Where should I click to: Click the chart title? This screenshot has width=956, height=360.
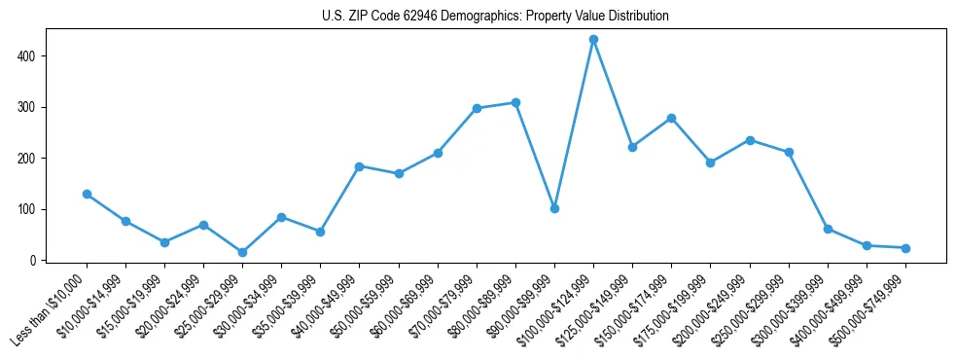pos(495,17)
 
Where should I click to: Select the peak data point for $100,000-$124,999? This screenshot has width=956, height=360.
pos(593,39)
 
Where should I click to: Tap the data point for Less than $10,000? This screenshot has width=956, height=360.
pos(87,194)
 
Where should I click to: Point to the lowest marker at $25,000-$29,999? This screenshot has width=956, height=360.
pos(242,252)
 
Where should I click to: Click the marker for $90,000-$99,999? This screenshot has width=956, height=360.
pos(554,208)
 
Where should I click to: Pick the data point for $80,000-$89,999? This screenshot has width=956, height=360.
pos(515,102)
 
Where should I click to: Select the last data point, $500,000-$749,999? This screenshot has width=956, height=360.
pos(905,248)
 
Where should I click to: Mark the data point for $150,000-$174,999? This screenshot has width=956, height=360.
pos(671,118)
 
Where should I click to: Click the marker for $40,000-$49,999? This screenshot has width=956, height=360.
pos(359,166)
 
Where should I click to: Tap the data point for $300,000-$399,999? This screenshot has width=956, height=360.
pos(828,229)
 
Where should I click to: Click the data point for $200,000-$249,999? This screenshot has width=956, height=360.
pos(750,140)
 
